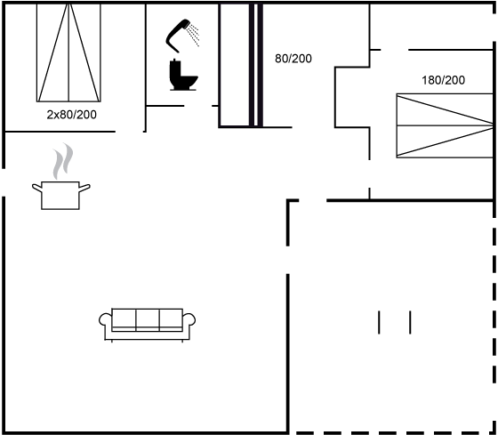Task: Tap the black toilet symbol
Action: [x=183, y=75]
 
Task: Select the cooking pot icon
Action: [x=60, y=195]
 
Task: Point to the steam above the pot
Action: [x=63, y=161]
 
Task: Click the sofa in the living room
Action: [x=147, y=325]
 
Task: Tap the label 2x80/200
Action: [x=71, y=115]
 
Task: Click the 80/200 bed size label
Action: [x=293, y=59]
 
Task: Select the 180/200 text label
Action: [x=443, y=80]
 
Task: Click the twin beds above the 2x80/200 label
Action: [x=68, y=52]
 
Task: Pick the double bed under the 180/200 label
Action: [x=445, y=125]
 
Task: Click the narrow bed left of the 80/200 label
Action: [x=235, y=65]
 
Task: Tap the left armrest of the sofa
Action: [x=106, y=319]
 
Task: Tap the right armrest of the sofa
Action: [x=189, y=319]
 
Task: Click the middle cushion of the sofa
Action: [x=148, y=319]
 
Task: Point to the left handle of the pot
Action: [x=37, y=188]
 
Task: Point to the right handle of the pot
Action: [x=84, y=188]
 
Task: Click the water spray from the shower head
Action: [x=193, y=35]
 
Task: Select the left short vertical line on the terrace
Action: [x=379, y=323]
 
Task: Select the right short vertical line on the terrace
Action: [x=410, y=323]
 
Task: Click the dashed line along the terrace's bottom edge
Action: [x=394, y=432]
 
